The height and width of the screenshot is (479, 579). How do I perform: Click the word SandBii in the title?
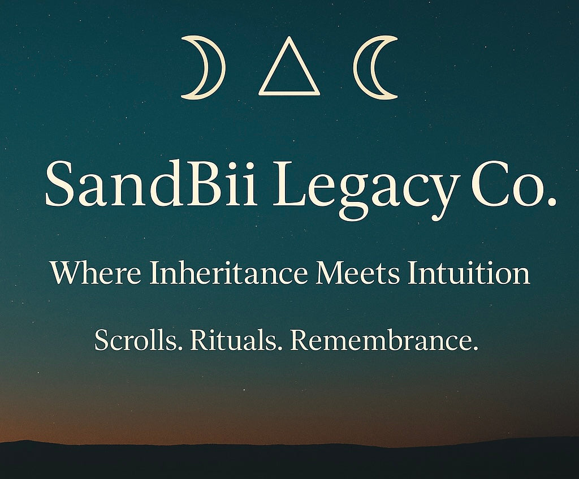pos(151,184)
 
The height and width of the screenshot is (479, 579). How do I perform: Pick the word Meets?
pos(358,273)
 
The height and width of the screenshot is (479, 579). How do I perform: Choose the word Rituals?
pos(234,339)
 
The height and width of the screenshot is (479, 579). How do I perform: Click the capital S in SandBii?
pos(59,184)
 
